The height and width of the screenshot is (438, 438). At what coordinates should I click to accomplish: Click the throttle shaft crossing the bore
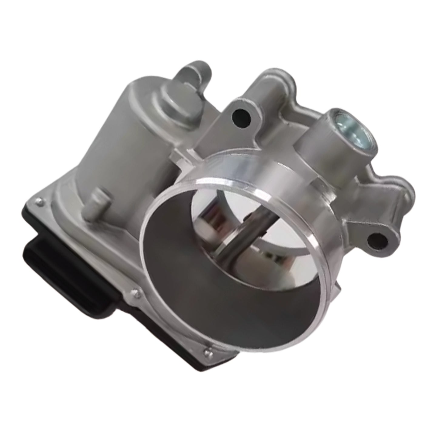(x=239, y=239)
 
